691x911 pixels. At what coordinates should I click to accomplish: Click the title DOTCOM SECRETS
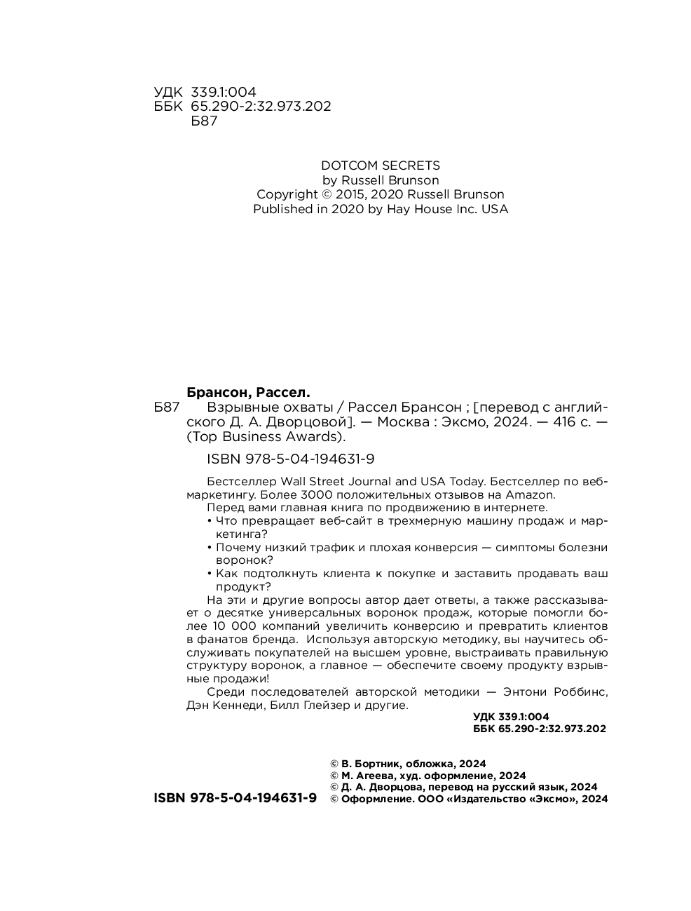(x=380, y=166)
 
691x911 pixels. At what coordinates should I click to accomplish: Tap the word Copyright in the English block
(x=287, y=194)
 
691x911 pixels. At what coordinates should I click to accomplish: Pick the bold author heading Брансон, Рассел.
(x=248, y=392)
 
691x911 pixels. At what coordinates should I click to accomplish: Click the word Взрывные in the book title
(x=239, y=407)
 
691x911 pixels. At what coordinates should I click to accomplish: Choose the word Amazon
(x=530, y=494)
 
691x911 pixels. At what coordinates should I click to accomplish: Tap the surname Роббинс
(x=580, y=692)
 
